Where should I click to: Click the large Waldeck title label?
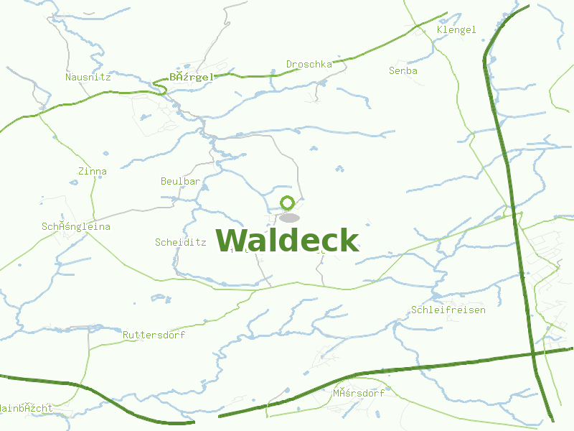(287, 240)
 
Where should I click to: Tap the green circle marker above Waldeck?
(288, 203)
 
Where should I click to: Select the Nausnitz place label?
(88, 77)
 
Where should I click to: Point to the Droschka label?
(309, 65)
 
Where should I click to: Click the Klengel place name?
(456, 30)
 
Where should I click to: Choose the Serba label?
(403, 71)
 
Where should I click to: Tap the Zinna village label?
(93, 172)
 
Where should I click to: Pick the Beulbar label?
(180, 182)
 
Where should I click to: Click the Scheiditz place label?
(181, 243)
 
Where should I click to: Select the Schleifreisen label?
(448, 310)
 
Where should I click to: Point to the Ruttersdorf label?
(154, 335)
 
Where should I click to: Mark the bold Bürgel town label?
(192, 77)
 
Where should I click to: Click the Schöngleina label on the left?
(76, 227)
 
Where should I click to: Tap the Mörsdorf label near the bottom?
(359, 394)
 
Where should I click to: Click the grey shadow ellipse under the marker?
(289, 218)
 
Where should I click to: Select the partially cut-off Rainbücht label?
(26, 408)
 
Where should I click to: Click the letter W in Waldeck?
(232, 240)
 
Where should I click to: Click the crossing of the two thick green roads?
(533, 353)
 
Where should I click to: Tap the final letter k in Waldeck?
(349, 240)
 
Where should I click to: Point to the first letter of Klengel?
(440, 30)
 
